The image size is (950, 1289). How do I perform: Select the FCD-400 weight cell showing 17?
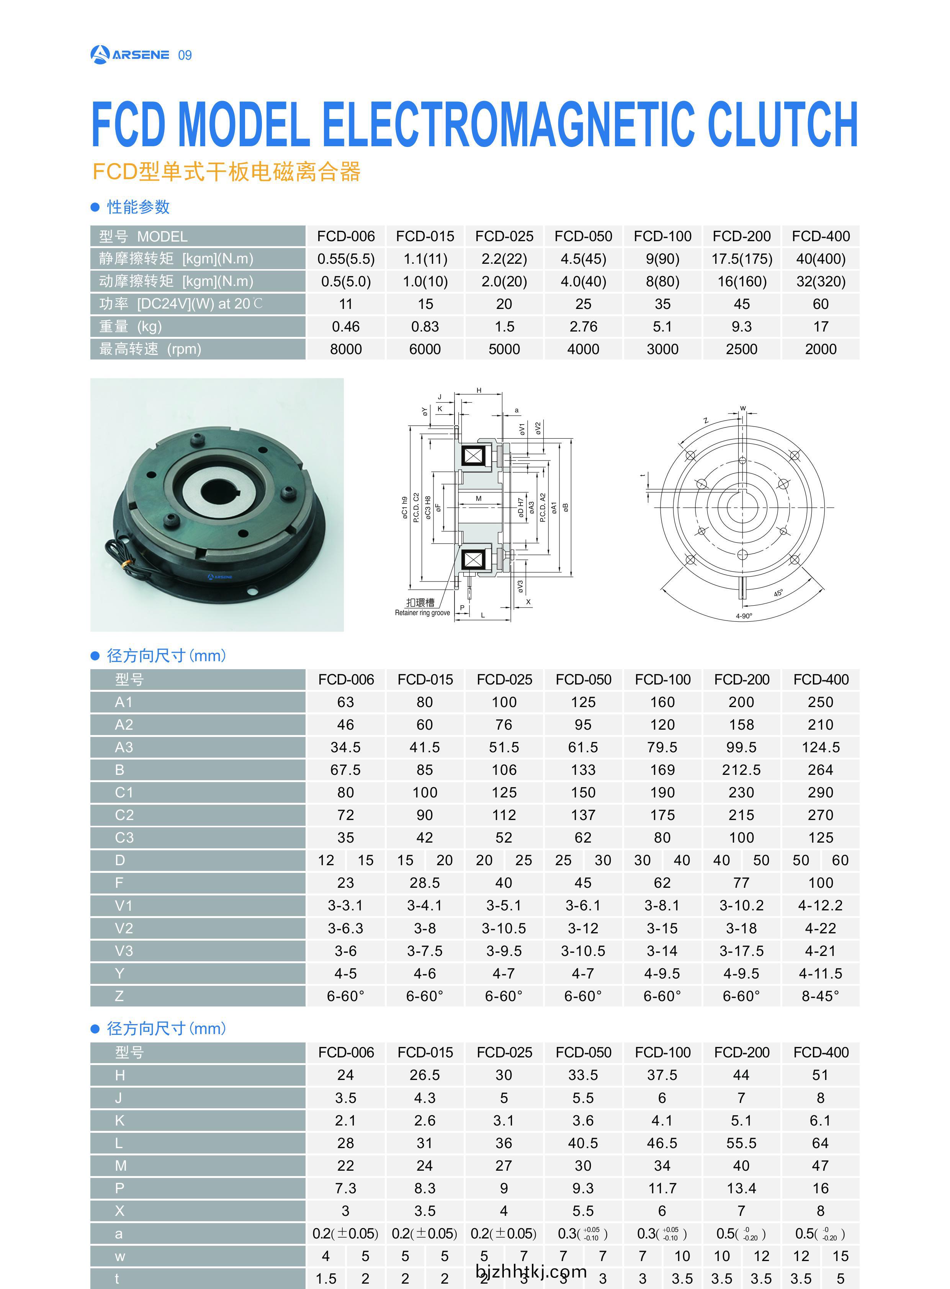[821, 327]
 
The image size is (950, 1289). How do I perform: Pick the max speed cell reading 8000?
[346, 349]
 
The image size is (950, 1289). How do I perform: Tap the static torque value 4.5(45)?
[583, 259]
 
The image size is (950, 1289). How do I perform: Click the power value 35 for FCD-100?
[662, 304]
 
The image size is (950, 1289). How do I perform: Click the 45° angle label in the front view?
[778, 593]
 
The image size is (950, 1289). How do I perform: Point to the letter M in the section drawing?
[479, 498]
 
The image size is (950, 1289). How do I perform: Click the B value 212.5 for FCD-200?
[741, 770]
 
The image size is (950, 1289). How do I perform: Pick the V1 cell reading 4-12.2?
[821, 905]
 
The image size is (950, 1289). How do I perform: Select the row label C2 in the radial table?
[124, 815]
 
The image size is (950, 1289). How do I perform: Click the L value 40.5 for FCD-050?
[583, 1143]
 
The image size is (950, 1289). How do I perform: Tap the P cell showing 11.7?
[662, 1188]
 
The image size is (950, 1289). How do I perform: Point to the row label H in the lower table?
[119, 1075]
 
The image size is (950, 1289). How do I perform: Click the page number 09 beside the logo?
[185, 55]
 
